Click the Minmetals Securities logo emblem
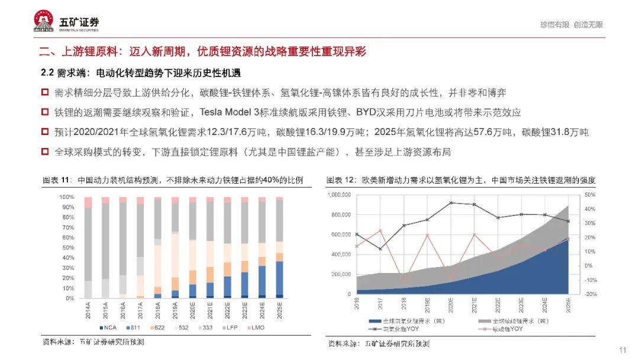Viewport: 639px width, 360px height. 45,22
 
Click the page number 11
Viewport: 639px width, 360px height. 622,350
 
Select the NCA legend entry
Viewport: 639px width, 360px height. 111,327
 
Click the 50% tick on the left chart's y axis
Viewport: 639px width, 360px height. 66,247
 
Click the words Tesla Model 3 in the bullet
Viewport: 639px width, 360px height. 228,112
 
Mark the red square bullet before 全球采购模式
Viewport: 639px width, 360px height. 45,152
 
